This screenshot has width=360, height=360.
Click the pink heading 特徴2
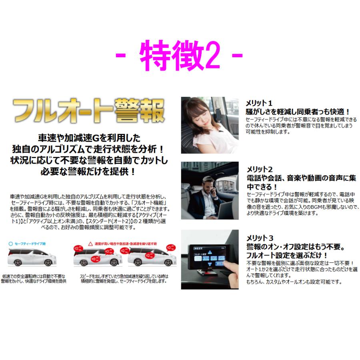tap(180, 58)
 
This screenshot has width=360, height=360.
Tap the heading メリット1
tap(259, 103)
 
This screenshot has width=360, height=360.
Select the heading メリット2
tap(259, 169)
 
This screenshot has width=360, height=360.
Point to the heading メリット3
tap(259, 237)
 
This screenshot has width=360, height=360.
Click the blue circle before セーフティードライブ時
tap(10, 243)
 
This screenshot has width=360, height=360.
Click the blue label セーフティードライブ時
tap(30, 243)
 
